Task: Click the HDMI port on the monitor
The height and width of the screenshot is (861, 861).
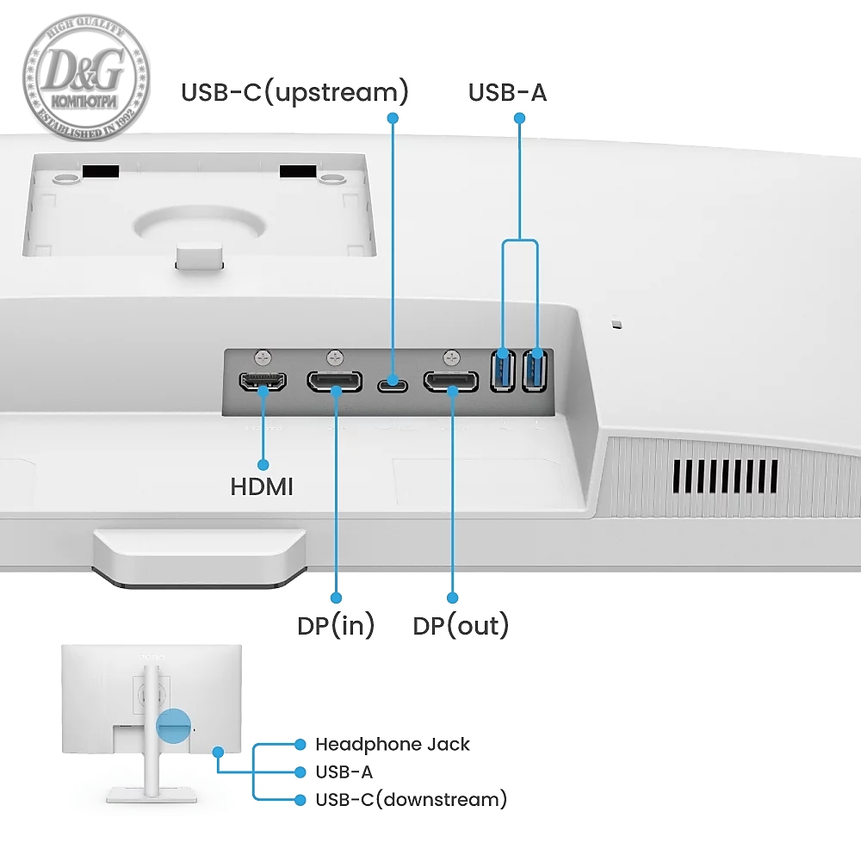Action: click(262, 381)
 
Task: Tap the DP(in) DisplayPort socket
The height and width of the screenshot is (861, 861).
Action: click(335, 381)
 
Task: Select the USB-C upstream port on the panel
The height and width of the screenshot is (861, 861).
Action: click(393, 381)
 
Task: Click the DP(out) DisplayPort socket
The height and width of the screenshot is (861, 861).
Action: click(450, 381)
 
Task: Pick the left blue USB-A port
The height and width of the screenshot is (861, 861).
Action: click(502, 370)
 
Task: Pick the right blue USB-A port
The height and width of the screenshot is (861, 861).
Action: click(536, 370)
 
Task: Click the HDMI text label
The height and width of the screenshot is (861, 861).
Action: click(262, 487)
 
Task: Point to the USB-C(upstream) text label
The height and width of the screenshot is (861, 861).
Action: click(294, 92)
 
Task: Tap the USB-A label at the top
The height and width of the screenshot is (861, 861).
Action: click(507, 92)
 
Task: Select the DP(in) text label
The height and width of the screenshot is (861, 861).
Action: click(336, 626)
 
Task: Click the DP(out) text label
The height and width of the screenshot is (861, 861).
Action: click(461, 626)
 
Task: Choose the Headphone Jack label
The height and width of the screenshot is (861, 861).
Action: click(393, 744)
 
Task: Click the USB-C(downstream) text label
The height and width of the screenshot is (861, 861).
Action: click(411, 800)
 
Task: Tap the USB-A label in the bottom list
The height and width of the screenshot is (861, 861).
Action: click(344, 772)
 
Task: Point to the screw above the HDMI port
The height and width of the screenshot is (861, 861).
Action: click(263, 355)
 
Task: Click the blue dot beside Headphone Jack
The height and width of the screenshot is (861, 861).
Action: click(300, 744)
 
